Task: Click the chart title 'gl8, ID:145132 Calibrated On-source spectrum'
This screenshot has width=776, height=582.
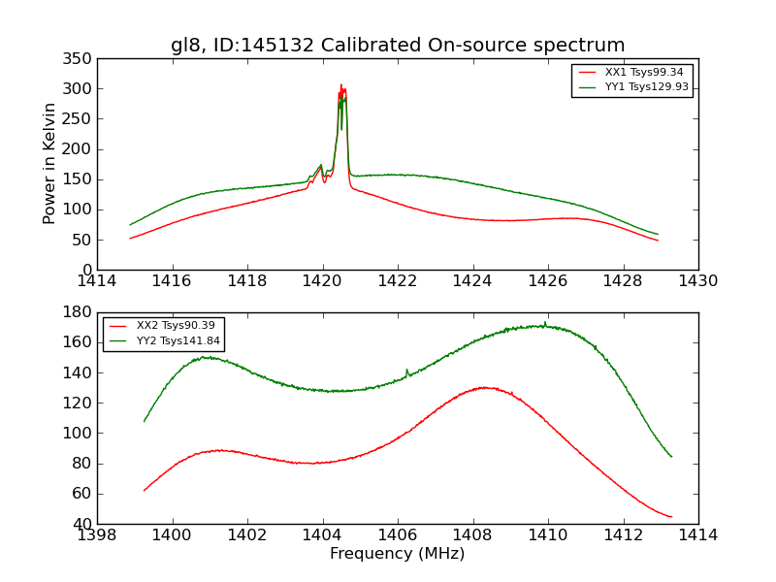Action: tap(398, 45)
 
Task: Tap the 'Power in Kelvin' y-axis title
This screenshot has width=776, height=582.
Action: tap(49, 164)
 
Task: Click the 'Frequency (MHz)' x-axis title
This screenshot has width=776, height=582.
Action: tap(398, 554)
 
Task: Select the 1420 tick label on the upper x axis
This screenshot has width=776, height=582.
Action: tap(322, 280)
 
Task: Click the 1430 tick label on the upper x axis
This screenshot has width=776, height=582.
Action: tap(698, 280)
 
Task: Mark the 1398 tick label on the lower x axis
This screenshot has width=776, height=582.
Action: tap(97, 534)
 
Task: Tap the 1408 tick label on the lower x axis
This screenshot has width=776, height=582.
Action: tap(472, 534)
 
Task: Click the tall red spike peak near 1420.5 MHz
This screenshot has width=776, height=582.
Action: tap(341, 85)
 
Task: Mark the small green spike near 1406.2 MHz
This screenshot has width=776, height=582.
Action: tap(406, 370)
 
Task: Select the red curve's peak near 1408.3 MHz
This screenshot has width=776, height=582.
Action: tap(485, 387)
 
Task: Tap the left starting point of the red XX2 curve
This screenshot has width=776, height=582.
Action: tap(145, 491)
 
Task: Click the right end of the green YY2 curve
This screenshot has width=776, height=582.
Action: tap(671, 457)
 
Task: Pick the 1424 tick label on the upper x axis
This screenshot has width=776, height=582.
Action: tap(472, 280)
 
